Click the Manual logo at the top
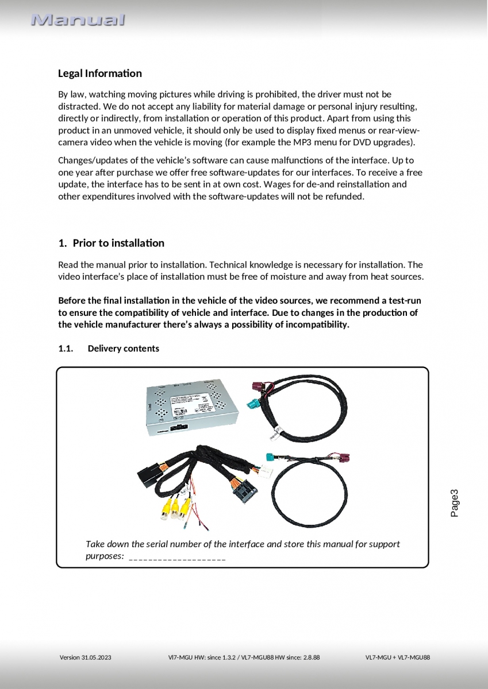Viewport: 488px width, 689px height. coord(78,20)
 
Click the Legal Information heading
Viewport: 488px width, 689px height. coord(99,73)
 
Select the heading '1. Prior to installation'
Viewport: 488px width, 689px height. coord(112,243)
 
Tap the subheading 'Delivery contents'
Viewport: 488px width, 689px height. coord(123,349)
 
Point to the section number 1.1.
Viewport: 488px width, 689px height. coord(66,349)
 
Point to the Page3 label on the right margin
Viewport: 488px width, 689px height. coord(455,503)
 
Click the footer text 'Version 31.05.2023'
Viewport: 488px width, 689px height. coord(86,657)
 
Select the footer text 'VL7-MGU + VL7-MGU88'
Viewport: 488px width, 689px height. coord(397,657)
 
